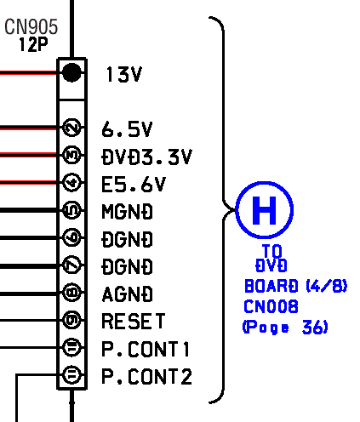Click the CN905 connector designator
(31, 26)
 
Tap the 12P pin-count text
(33, 44)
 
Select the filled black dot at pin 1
(71, 72)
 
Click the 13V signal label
(123, 74)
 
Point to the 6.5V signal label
(127, 129)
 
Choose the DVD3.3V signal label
(146, 157)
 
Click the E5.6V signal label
(134, 184)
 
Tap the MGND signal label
(127, 212)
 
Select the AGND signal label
(127, 294)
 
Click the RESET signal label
(133, 321)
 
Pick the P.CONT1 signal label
(146, 349)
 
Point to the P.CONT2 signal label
(146, 376)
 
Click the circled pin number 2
(71, 128)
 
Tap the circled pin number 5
(71, 210)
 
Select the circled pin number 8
(71, 293)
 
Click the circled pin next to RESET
(71, 320)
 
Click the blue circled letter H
(264, 210)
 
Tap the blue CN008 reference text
(271, 306)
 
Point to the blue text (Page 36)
(285, 327)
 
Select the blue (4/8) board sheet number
(327, 286)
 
